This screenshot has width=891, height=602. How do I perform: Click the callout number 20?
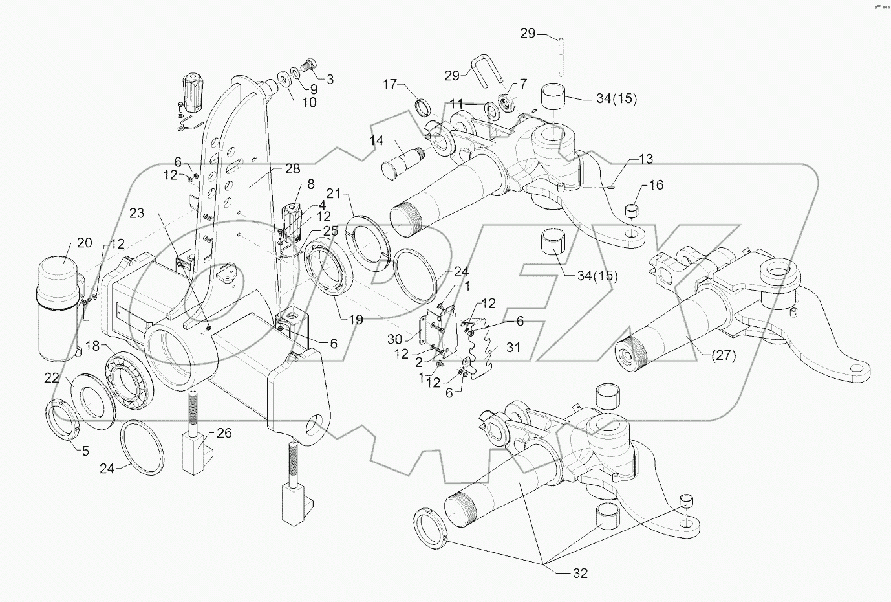[x=85, y=243]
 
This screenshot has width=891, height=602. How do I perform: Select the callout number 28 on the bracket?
[x=292, y=168]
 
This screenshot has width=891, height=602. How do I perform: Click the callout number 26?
[x=224, y=433]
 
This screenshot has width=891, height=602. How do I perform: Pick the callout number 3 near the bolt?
[x=330, y=80]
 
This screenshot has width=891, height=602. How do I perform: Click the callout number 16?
[x=656, y=186]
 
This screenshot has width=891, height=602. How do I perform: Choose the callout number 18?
[x=93, y=347]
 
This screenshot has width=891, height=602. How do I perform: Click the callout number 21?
[x=333, y=194]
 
